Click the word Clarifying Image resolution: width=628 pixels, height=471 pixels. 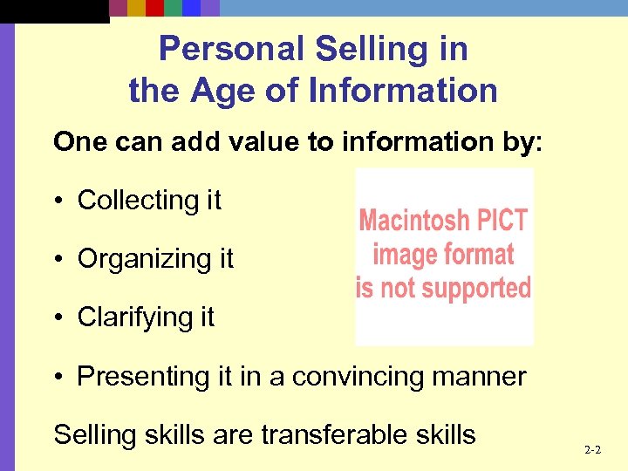[x=133, y=317]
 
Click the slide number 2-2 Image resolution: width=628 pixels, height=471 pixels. [x=592, y=451]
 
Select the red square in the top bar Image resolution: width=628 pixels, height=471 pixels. [x=155, y=8]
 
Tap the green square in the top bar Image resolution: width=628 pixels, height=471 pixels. [x=174, y=8]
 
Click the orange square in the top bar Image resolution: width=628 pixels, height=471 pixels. [x=137, y=8]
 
